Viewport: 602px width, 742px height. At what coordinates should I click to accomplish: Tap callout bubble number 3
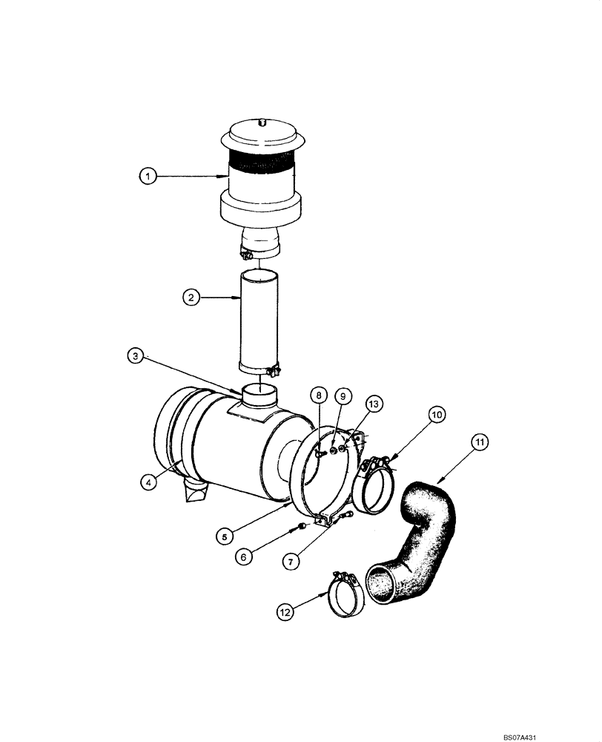tap(133, 357)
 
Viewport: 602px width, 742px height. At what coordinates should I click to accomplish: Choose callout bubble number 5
tap(222, 533)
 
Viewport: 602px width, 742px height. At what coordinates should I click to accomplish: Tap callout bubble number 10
tap(437, 414)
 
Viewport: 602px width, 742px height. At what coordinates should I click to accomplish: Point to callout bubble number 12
tap(286, 612)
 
